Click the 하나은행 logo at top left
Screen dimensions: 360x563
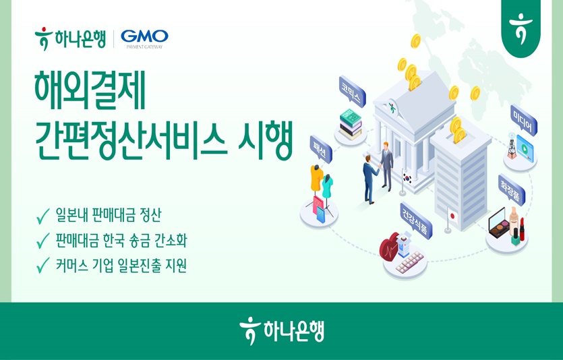[x=70, y=38]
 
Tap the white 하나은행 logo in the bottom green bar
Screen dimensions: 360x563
[x=281, y=332]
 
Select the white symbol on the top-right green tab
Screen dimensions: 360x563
[x=521, y=28]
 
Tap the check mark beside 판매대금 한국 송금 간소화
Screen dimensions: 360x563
[x=42, y=241]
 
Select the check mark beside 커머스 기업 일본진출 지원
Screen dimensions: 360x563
[x=42, y=266]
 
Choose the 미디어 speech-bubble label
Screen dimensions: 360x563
[x=523, y=120]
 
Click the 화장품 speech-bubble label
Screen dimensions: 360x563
[x=510, y=189]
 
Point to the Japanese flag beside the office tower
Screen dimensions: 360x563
[x=452, y=217]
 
